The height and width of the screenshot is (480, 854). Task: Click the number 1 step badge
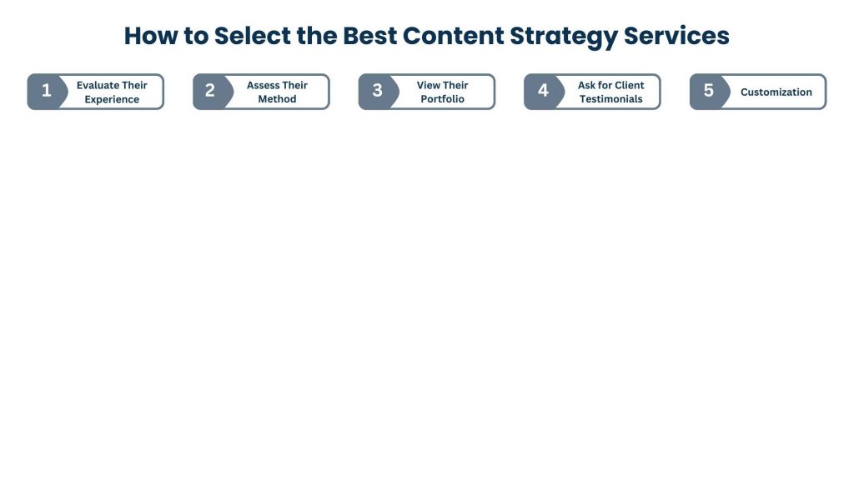click(46, 92)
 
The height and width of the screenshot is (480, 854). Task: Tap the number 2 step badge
click(210, 92)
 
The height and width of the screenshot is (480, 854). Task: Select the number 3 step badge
click(377, 92)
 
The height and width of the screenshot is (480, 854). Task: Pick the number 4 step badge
click(543, 92)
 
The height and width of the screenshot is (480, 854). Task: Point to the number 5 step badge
click(708, 92)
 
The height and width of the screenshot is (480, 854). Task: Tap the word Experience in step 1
click(112, 99)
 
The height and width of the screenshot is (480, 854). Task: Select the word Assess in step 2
click(264, 85)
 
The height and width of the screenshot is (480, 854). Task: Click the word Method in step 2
click(278, 99)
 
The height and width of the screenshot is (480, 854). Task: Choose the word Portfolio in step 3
click(443, 99)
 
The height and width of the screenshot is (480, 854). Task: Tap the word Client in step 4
click(630, 85)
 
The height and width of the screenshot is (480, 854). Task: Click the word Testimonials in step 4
click(611, 99)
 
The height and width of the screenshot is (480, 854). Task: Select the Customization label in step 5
click(776, 92)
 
